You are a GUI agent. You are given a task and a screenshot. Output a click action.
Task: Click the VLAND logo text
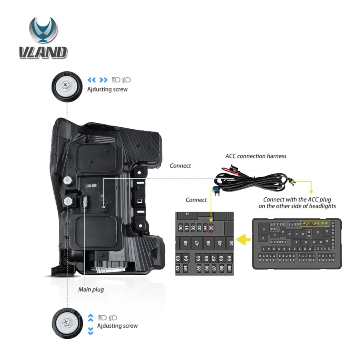tap(43, 52)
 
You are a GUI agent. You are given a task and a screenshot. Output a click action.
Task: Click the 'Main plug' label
tap(91, 289)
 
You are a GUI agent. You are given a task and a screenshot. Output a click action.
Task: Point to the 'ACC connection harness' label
tap(256, 156)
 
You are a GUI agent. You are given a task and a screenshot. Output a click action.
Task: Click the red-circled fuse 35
tap(212, 229)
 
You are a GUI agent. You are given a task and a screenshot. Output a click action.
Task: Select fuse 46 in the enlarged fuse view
tap(186, 242)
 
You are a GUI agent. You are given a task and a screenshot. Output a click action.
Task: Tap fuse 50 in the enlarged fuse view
tap(231, 242)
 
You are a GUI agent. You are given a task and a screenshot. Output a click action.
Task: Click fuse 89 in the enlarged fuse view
tap(229, 268)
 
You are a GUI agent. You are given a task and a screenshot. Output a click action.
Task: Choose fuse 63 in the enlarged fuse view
tap(178, 259)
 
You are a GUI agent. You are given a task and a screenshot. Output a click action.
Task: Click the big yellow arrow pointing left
tap(241, 240)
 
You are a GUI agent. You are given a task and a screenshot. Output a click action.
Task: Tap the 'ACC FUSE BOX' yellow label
tap(315, 223)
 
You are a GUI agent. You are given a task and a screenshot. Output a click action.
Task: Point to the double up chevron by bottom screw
tap(91, 318)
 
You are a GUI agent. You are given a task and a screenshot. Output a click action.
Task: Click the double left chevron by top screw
tap(92, 80)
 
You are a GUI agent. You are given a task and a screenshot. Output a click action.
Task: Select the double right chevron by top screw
tap(104, 80)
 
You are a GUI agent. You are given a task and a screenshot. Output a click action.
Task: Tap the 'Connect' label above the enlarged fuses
tap(196, 200)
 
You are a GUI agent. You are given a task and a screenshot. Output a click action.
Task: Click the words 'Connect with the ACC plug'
tap(297, 199)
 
